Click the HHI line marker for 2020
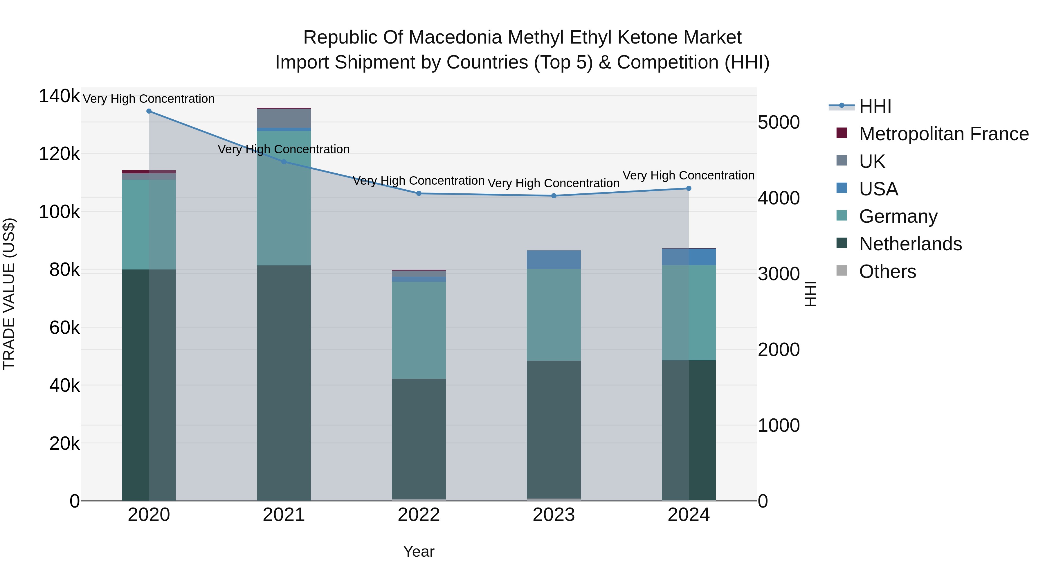[x=149, y=111]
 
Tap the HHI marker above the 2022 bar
[x=419, y=194]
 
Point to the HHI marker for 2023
[x=554, y=196]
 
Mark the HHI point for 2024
[x=689, y=188]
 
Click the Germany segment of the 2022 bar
[x=419, y=330]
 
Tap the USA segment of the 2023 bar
[x=554, y=260]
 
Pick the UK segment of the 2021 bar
[x=284, y=118]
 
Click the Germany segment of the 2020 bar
[x=149, y=224]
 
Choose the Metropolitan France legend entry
[x=944, y=134]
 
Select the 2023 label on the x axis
[x=554, y=515]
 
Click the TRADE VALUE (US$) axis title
[x=9, y=294]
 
